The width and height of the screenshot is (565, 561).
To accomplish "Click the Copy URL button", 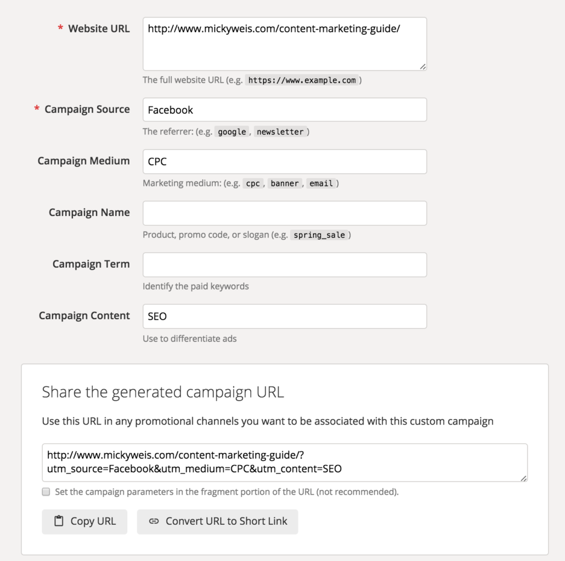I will tap(84, 522).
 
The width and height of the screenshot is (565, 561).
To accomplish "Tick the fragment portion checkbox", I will tap(46, 492).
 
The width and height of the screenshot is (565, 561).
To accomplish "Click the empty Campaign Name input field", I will tap(285, 213).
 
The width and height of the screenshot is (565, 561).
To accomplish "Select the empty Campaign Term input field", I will tap(285, 264).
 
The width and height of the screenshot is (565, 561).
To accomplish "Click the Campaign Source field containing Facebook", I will tap(285, 110).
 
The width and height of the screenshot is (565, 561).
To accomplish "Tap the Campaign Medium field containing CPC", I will tap(285, 161).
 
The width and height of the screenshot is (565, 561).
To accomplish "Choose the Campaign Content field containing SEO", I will tap(285, 316).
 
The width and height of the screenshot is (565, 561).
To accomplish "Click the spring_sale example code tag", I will tap(319, 235).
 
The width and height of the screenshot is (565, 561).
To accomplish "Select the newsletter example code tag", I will tap(280, 132).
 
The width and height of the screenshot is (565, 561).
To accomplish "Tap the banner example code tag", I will tap(284, 184).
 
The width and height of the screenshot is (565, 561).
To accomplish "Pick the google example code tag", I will tap(232, 132).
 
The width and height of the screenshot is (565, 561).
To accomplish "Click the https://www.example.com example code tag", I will tap(302, 81).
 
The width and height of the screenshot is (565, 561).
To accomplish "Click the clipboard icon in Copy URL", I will tap(59, 522).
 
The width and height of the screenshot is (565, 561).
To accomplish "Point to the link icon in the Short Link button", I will tap(154, 522).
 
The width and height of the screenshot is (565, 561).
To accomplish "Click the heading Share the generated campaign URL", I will tap(163, 392).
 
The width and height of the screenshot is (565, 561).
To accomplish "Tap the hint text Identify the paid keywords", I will tap(195, 286).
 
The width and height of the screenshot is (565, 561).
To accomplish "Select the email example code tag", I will tap(321, 184).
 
